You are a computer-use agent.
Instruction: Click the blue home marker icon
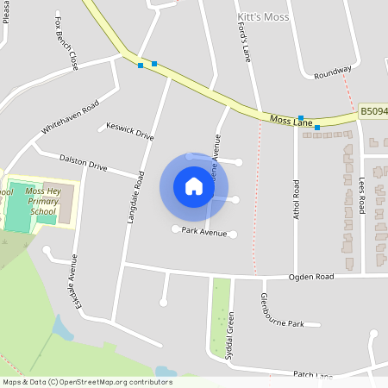tap(194, 186)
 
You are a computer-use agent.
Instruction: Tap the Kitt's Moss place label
tap(264, 17)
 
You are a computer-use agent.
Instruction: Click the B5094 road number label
tap(373, 111)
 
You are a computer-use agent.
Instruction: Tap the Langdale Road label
tap(135, 197)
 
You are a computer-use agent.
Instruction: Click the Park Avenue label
tap(203, 233)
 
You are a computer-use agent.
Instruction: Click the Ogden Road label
tap(310, 278)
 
